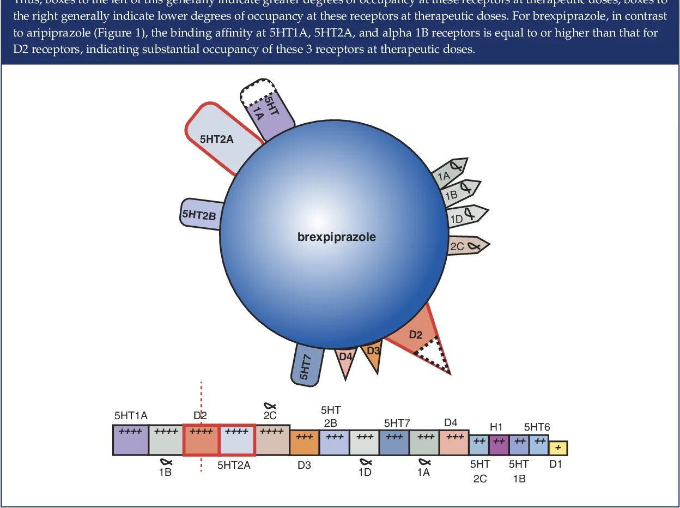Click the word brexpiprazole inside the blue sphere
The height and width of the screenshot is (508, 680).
coord(336,237)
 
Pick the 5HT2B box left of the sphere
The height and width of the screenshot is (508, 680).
coord(200,214)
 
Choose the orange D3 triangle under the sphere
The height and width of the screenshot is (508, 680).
coord(373,353)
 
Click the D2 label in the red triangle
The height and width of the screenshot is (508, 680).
coord(415,335)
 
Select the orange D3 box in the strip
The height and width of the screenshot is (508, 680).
coord(304,443)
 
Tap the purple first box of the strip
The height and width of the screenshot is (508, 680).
coord(131,440)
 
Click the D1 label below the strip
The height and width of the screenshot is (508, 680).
coord(555,464)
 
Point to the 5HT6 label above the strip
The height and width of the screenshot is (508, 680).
coord(537,427)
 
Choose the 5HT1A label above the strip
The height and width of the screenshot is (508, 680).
coord(131,415)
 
